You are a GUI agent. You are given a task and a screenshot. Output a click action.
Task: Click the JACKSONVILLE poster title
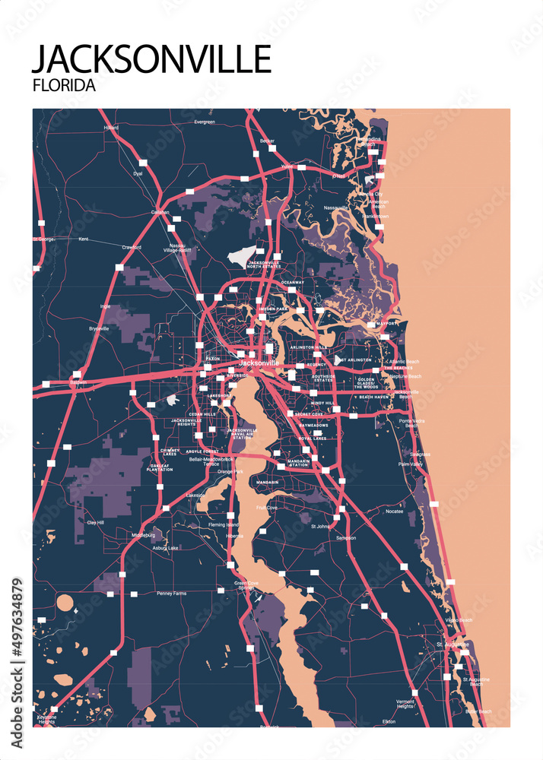151,59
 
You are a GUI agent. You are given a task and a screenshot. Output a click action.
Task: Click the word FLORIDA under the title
64,86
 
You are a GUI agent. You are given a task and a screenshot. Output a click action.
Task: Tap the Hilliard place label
111,128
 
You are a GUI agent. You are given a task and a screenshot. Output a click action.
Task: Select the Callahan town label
160,212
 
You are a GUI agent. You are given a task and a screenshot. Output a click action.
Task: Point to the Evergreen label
205,122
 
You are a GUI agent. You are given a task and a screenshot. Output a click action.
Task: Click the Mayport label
386,324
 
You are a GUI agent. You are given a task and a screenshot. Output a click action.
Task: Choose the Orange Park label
230,472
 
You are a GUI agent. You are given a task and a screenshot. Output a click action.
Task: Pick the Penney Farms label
171,594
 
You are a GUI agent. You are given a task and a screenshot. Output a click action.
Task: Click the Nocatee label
394,511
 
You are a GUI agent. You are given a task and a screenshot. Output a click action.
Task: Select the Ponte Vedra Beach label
411,423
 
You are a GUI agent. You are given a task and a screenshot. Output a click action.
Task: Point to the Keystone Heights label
46,720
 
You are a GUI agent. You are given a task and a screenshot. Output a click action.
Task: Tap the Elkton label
389,720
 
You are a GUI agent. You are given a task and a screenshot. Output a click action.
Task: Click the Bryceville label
99,328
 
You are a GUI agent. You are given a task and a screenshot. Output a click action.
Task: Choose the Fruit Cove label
266,507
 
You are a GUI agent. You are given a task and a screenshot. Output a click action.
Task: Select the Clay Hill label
95,522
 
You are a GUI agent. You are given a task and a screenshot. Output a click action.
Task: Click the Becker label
267,141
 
